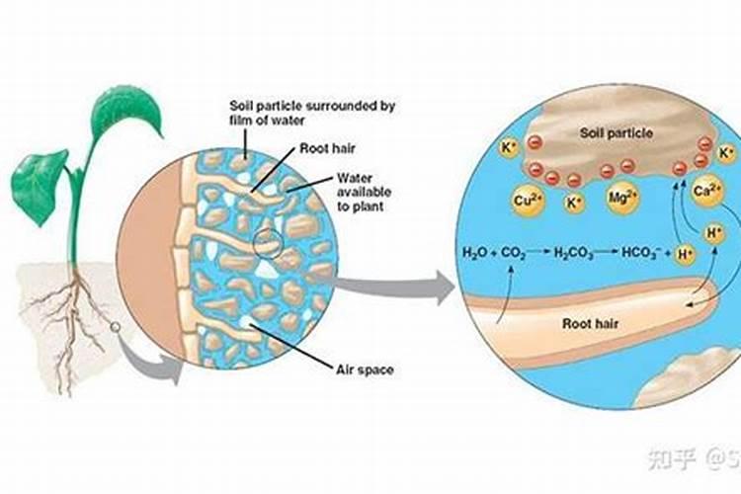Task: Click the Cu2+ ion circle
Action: pos(526,201)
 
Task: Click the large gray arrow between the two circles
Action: pos(395,289)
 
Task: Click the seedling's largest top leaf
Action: pos(127,117)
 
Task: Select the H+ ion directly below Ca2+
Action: pos(711,234)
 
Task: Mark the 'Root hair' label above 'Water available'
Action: pos(323,150)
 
